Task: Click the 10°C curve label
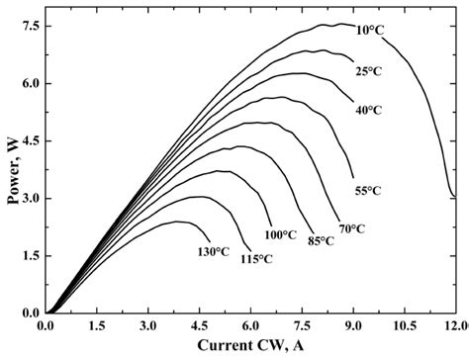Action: coord(370,31)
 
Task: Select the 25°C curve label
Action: coord(368,71)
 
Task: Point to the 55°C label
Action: coord(369,190)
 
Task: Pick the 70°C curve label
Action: coord(352,228)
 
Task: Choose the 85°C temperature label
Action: coord(320,240)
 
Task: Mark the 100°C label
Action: coord(280,234)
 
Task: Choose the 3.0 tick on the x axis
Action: coord(148,325)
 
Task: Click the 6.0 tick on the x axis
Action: coord(251,325)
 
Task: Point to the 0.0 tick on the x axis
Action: coord(46,325)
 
